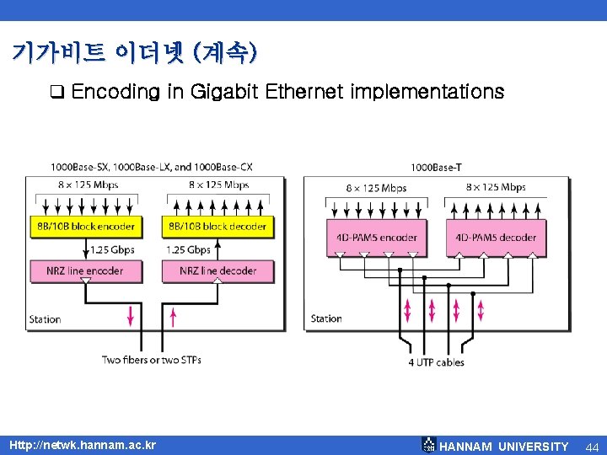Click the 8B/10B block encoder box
pyautogui.click(x=87, y=226)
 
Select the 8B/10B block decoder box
pyautogui.click(x=218, y=226)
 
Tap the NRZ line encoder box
pyautogui.click(x=87, y=270)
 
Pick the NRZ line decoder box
pyautogui.click(x=218, y=270)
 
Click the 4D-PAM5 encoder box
pyautogui.click(x=377, y=237)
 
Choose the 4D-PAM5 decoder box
pyautogui.click(x=496, y=237)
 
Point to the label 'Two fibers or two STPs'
pyautogui.click(x=151, y=360)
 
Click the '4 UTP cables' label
pyautogui.click(x=436, y=362)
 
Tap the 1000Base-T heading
pyautogui.click(x=436, y=168)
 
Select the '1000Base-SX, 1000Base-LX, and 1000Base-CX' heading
pyautogui.click(x=152, y=167)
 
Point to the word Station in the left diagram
pyautogui.click(x=45, y=319)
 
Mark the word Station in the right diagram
pyautogui.click(x=326, y=318)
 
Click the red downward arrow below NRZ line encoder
pyautogui.click(x=130, y=316)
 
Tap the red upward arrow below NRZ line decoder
pyautogui.click(x=175, y=316)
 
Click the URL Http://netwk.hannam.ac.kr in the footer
pyautogui.click(x=82, y=445)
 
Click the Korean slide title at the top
pyautogui.click(x=135, y=54)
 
